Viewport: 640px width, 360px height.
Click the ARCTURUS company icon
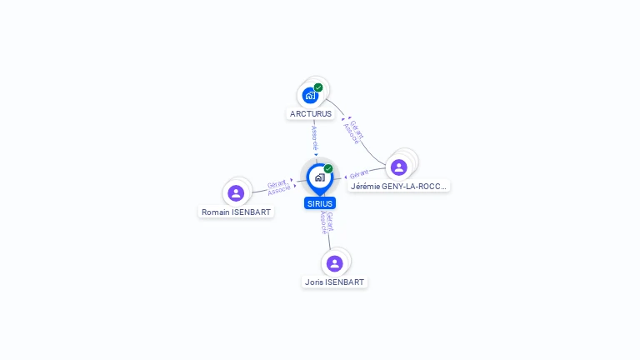click(x=311, y=95)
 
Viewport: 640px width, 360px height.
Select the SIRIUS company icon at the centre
click(x=319, y=177)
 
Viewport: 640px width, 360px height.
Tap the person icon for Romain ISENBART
click(x=236, y=193)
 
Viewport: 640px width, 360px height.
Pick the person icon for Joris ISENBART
click(x=334, y=263)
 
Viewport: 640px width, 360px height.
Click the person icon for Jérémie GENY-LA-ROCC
click(x=399, y=167)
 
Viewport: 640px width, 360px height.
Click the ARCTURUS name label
click(x=311, y=113)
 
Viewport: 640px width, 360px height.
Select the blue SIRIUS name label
click(x=320, y=203)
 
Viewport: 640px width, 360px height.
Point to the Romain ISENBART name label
click(x=237, y=212)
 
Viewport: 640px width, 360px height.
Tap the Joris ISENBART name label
click(x=334, y=282)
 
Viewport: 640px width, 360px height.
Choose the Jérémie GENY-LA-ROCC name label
click(x=399, y=187)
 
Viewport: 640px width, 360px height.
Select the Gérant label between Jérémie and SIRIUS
click(x=359, y=175)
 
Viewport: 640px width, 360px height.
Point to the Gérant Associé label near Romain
click(x=278, y=187)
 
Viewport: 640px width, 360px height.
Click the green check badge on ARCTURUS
click(x=318, y=87)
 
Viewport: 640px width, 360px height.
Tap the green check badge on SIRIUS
click(x=328, y=169)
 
